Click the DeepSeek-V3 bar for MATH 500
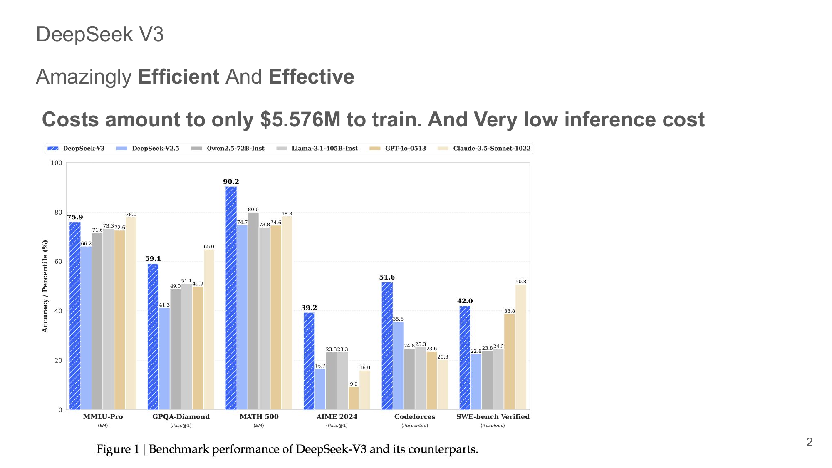coord(231,298)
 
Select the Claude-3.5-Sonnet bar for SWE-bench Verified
coord(521,347)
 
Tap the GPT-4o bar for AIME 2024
coord(354,398)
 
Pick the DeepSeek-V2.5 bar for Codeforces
coord(398,366)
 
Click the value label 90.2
coord(231,182)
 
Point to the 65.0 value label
coord(209,247)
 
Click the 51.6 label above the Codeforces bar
coord(387,277)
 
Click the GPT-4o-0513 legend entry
coord(405,149)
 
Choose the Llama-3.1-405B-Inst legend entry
coord(324,149)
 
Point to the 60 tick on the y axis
coord(58,262)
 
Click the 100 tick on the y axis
coord(57,163)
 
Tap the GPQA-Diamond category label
coord(181,417)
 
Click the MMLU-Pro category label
coord(103,417)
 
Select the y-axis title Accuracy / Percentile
coord(45,286)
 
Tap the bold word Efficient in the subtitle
coord(178,77)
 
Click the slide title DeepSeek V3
coord(100,34)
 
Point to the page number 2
coord(809,442)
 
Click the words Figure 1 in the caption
coord(118,449)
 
